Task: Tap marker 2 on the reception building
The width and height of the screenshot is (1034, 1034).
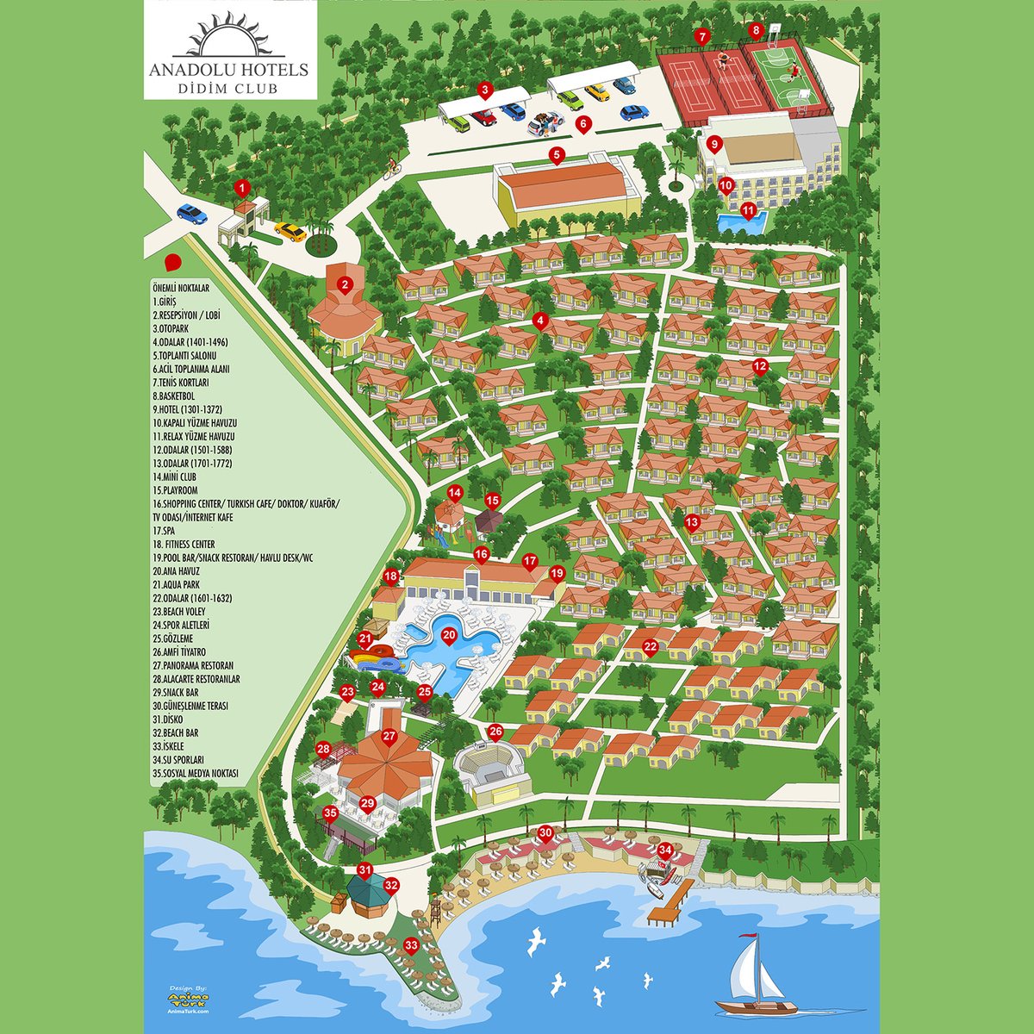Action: coord(345,284)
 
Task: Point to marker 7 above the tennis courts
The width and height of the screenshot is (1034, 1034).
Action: coord(703,37)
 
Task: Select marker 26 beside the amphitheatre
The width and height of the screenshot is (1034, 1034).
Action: coord(495,732)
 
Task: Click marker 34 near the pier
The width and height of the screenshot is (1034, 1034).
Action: coord(664,850)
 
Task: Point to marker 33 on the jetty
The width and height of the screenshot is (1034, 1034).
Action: coord(411,945)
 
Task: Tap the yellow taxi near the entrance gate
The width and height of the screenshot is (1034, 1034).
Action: coord(290,232)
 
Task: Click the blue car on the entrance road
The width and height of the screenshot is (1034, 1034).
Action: coord(191,214)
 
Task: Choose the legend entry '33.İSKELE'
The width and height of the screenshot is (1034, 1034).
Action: coord(168,746)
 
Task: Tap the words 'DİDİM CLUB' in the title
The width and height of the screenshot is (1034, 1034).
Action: coord(228,87)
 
